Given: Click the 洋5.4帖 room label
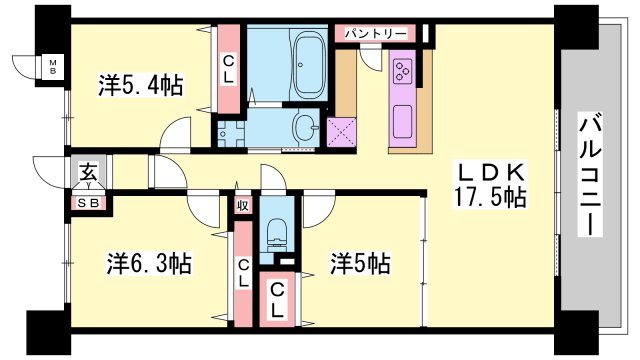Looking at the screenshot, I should (x=140, y=85).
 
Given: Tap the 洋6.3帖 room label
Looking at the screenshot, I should (x=149, y=264).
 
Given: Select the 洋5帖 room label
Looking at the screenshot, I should (x=360, y=264).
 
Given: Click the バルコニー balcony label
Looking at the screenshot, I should (x=591, y=176).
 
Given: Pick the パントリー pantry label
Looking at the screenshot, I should (x=376, y=33).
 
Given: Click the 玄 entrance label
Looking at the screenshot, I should (x=87, y=171).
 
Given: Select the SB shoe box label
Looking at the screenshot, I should (x=88, y=202).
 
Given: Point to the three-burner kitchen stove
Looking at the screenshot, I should (x=404, y=71).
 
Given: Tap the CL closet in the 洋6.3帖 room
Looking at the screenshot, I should (x=242, y=271).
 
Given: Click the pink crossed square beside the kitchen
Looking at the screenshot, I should (x=343, y=130).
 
